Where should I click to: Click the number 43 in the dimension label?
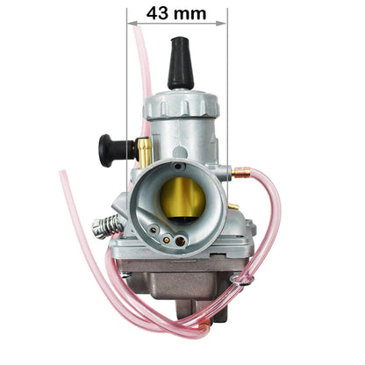point(158,13)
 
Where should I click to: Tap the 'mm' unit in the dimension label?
point(190,15)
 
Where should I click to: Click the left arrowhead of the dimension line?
point(132,23)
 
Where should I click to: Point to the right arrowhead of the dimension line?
point(221,23)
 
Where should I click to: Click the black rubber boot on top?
point(181,63)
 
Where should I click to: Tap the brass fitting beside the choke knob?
point(144,152)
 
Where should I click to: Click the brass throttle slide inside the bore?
point(183,197)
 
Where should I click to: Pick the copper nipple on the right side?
point(241,172)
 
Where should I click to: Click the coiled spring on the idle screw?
point(107,226)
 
